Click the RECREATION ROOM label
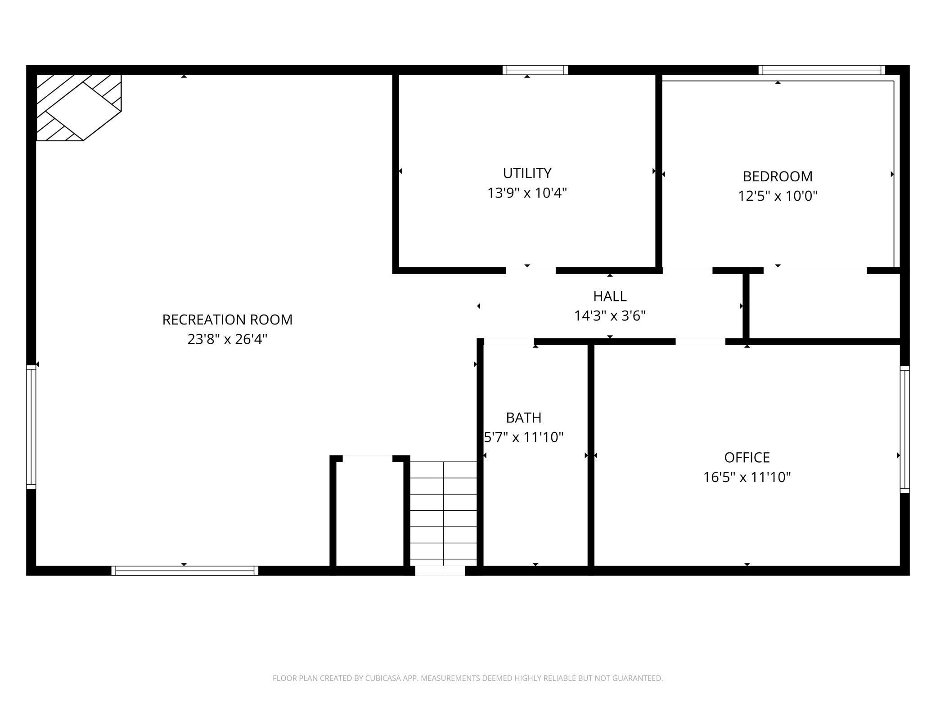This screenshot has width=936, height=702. tap(227, 319)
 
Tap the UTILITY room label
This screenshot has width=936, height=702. tap(527, 173)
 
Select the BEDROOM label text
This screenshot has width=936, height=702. tap(778, 176)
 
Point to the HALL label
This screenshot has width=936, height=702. tap(610, 296)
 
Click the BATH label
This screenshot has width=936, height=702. tap(523, 418)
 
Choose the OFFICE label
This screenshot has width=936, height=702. tap(747, 457)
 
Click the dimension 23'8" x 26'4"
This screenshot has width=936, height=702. tap(227, 339)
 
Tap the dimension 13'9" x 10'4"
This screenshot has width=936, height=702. tap(527, 193)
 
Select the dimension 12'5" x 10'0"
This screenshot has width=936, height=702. tap(778, 196)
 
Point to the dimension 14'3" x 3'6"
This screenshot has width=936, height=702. tap(610, 316)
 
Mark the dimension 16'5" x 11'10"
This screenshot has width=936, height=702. tap(747, 477)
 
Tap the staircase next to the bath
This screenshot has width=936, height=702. tap(443, 513)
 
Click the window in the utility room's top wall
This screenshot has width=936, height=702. tap(535, 70)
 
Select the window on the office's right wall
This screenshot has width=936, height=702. tap(904, 429)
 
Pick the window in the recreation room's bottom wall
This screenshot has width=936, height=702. tap(184, 571)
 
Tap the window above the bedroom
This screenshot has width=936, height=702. tap(822, 70)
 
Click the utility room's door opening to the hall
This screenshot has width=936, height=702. tap(531, 270)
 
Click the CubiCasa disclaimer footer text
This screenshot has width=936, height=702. tap(468, 678)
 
